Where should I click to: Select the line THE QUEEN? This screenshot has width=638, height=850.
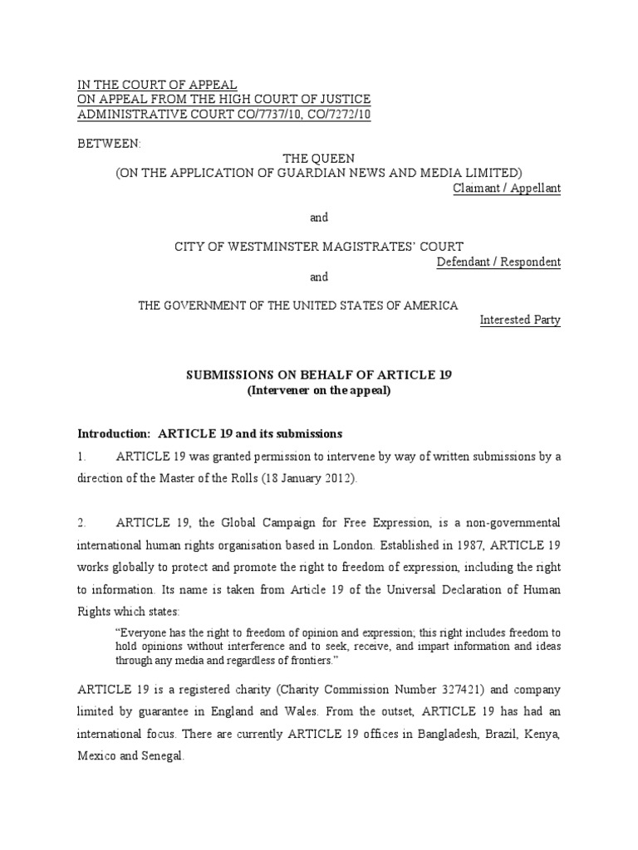[x=318, y=158]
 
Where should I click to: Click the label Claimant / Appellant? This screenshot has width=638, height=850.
[x=507, y=188]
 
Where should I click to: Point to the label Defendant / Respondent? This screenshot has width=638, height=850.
[x=498, y=262]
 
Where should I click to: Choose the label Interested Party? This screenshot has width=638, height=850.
[x=521, y=320]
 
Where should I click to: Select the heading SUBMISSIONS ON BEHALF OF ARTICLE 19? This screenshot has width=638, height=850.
[x=318, y=375]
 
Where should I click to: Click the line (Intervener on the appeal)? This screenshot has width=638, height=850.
[x=318, y=390]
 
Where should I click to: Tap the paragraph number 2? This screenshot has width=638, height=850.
[x=81, y=522]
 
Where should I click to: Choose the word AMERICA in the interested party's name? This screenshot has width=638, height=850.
[x=424, y=305]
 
